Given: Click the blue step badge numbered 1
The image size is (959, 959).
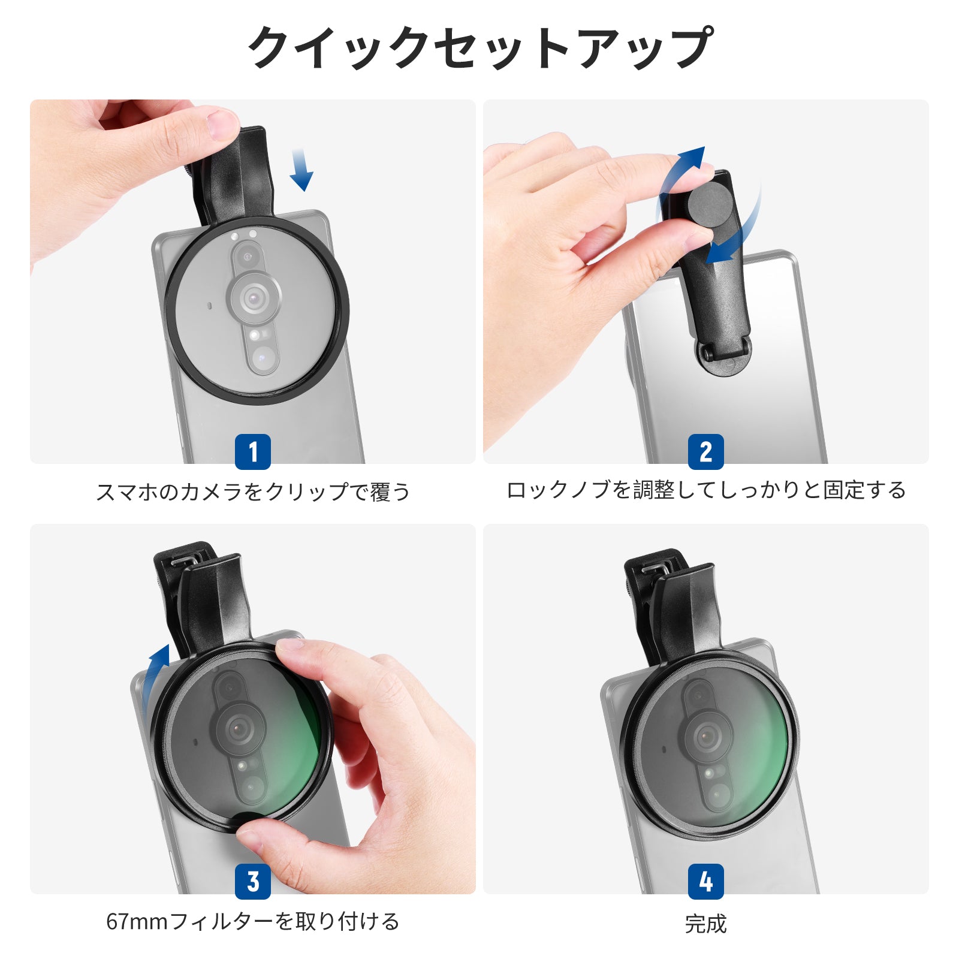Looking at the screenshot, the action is [252, 452].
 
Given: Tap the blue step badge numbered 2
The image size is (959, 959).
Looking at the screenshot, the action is [705, 452].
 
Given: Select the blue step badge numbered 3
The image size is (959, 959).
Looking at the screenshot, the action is [252, 882].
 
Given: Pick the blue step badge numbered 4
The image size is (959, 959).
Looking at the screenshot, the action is [705, 882].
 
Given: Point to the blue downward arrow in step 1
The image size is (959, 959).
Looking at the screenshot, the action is [301, 170].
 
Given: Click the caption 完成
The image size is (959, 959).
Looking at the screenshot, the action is [705, 924].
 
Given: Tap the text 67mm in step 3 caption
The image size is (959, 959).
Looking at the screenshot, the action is [137, 922].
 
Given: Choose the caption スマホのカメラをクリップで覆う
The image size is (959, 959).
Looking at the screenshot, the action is [253, 492].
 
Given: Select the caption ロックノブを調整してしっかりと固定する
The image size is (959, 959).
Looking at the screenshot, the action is [706, 490].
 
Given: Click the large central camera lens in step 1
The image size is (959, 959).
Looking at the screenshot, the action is [254, 296].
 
